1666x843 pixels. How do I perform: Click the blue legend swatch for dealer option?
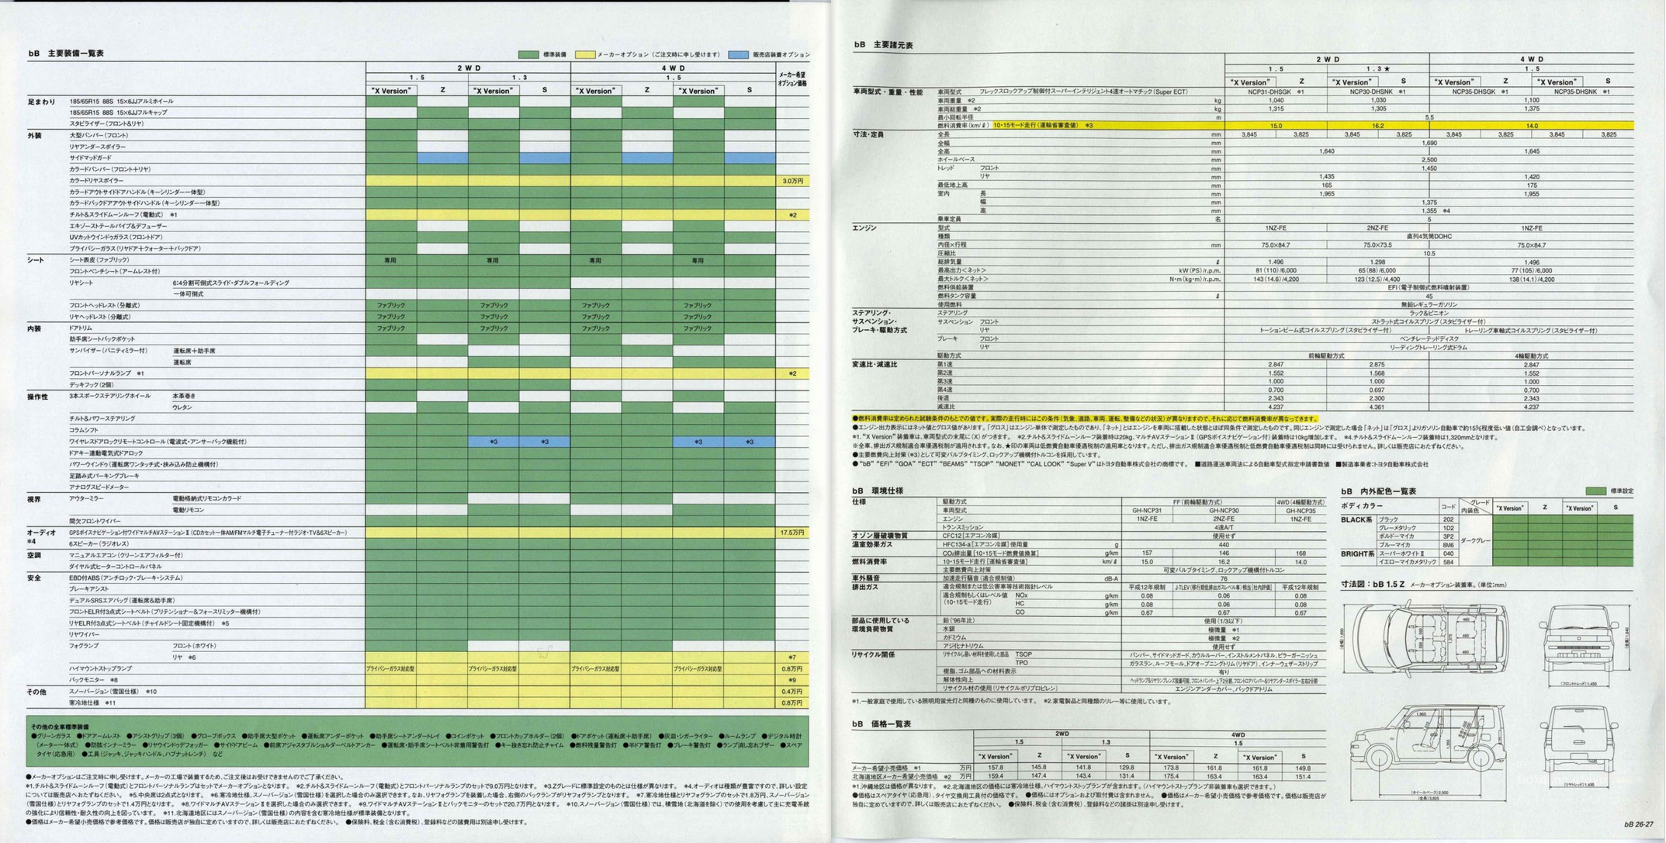click(x=738, y=54)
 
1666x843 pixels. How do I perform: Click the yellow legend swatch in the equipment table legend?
click(x=584, y=54)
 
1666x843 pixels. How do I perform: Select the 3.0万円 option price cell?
click(x=792, y=181)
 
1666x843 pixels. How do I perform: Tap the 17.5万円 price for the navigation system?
click(x=792, y=533)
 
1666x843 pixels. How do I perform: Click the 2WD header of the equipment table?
click(x=468, y=68)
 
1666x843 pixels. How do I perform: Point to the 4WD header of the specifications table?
click(x=1531, y=59)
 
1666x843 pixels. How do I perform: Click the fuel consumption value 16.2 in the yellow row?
click(x=1377, y=126)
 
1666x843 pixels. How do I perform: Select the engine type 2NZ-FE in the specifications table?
click(x=1377, y=228)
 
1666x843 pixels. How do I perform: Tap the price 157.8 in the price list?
click(x=995, y=767)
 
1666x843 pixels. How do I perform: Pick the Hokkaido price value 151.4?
click(x=1303, y=776)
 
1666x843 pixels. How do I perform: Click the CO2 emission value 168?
click(x=1301, y=553)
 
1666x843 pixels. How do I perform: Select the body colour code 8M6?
click(x=1448, y=545)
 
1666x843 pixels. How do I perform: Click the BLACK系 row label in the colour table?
click(x=1356, y=520)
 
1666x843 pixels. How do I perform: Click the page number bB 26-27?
click(x=1638, y=824)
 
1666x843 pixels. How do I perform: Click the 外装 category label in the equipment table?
click(x=34, y=136)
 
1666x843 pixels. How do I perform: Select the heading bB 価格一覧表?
click(x=881, y=724)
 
